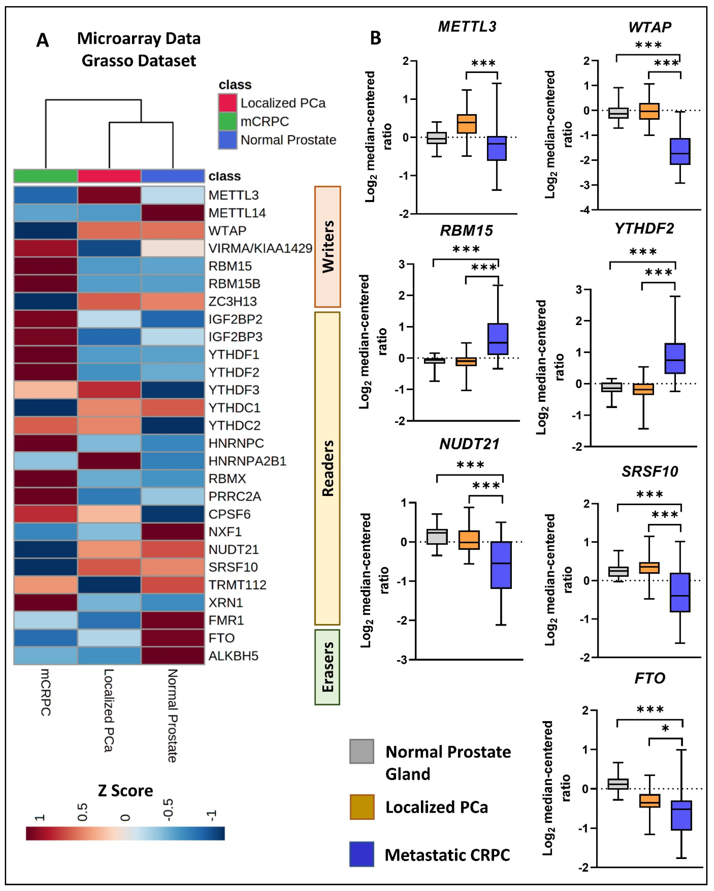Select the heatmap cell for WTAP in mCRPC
(x=45, y=231)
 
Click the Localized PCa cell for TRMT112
(x=109, y=585)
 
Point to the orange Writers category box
(x=327, y=247)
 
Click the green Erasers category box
(x=327, y=667)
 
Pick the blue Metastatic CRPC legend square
(x=362, y=854)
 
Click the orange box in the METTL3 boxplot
(x=467, y=123)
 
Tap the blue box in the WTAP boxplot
(x=680, y=151)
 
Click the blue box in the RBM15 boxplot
(x=498, y=339)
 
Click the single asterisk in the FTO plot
(x=665, y=728)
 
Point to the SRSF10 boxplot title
(x=650, y=471)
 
